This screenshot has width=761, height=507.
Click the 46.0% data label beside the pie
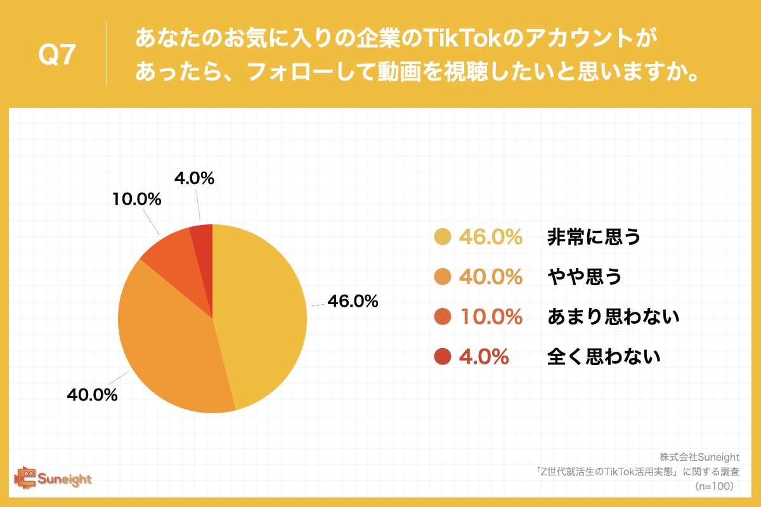coord(353,302)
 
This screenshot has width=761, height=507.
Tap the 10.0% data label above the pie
coord(137,199)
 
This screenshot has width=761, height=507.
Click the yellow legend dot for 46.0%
coord(442,237)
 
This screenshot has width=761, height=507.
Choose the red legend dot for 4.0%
coord(442,357)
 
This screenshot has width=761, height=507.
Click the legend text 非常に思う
coord(594,237)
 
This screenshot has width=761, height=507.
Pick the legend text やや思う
coord(584,277)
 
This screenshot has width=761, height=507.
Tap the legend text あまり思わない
coord(613,317)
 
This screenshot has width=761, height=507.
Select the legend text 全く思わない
coord(604,357)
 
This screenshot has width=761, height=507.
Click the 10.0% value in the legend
coord(491,317)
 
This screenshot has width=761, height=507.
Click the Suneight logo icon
coord(25,477)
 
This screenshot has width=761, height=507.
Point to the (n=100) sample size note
coord(714,486)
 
